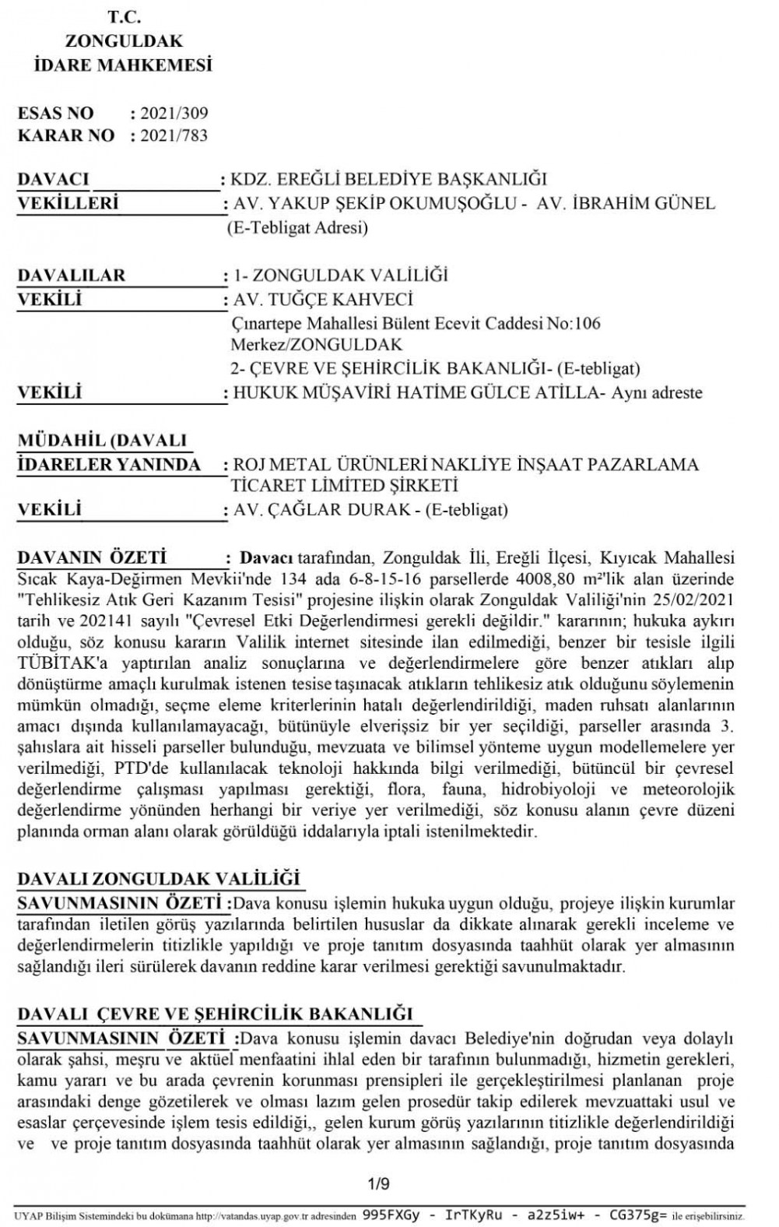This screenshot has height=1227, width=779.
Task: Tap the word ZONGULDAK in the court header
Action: pyautogui.click(x=113, y=41)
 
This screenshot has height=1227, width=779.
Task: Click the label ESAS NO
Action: pyautogui.click(x=55, y=114)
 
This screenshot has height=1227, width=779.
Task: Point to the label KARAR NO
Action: pyautogui.click(x=66, y=135)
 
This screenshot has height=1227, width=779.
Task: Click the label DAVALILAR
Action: pyautogui.click(x=71, y=276)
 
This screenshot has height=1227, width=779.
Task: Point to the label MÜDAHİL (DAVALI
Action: pyautogui.click(x=101, y=440)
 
